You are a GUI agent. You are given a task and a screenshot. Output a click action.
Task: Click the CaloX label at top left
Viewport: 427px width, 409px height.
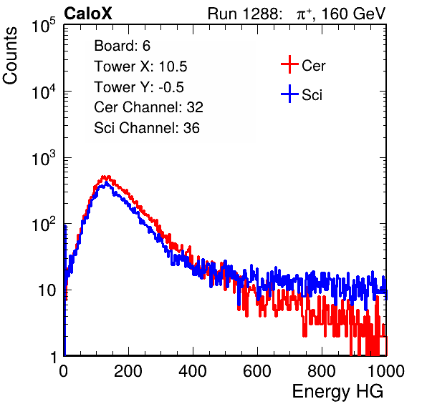[87, 13]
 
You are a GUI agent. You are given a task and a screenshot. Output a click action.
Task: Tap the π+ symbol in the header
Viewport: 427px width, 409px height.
[304, 14]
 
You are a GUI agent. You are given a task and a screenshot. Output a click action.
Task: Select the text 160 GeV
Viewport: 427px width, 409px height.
[354, 14]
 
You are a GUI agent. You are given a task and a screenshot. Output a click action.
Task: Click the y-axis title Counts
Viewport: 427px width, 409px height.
[10, 55]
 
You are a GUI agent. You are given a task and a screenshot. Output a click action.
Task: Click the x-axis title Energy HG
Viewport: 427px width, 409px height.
[337, 391]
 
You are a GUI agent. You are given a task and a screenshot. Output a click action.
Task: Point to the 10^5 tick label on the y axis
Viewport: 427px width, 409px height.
[44, 26]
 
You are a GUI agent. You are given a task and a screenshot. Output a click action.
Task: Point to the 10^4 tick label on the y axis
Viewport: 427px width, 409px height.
[44, 92]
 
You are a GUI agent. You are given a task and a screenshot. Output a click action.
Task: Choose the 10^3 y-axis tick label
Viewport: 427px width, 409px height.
[44, 158]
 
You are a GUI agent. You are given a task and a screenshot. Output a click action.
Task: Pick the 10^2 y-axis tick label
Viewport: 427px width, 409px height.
[44, 225]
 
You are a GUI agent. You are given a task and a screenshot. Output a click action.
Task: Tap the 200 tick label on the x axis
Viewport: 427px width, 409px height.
[128, 371]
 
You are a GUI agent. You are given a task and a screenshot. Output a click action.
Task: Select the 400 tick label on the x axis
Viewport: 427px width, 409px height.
[193, 371]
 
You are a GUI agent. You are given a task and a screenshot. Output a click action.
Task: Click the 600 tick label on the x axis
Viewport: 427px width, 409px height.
[257, 371]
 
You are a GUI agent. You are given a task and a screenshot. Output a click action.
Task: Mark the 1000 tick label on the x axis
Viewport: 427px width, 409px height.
[386, 371]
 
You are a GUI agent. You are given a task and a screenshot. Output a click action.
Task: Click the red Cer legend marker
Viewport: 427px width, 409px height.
[289, 64]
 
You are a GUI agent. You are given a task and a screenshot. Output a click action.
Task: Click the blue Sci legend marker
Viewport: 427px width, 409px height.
[289, 94]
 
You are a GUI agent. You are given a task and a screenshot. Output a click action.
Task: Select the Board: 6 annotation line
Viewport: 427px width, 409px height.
[122, 46]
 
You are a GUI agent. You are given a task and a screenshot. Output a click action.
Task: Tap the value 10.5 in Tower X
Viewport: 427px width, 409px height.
[173, 66]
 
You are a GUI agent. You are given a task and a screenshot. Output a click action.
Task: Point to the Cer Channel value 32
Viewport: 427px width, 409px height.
[195, 107]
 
